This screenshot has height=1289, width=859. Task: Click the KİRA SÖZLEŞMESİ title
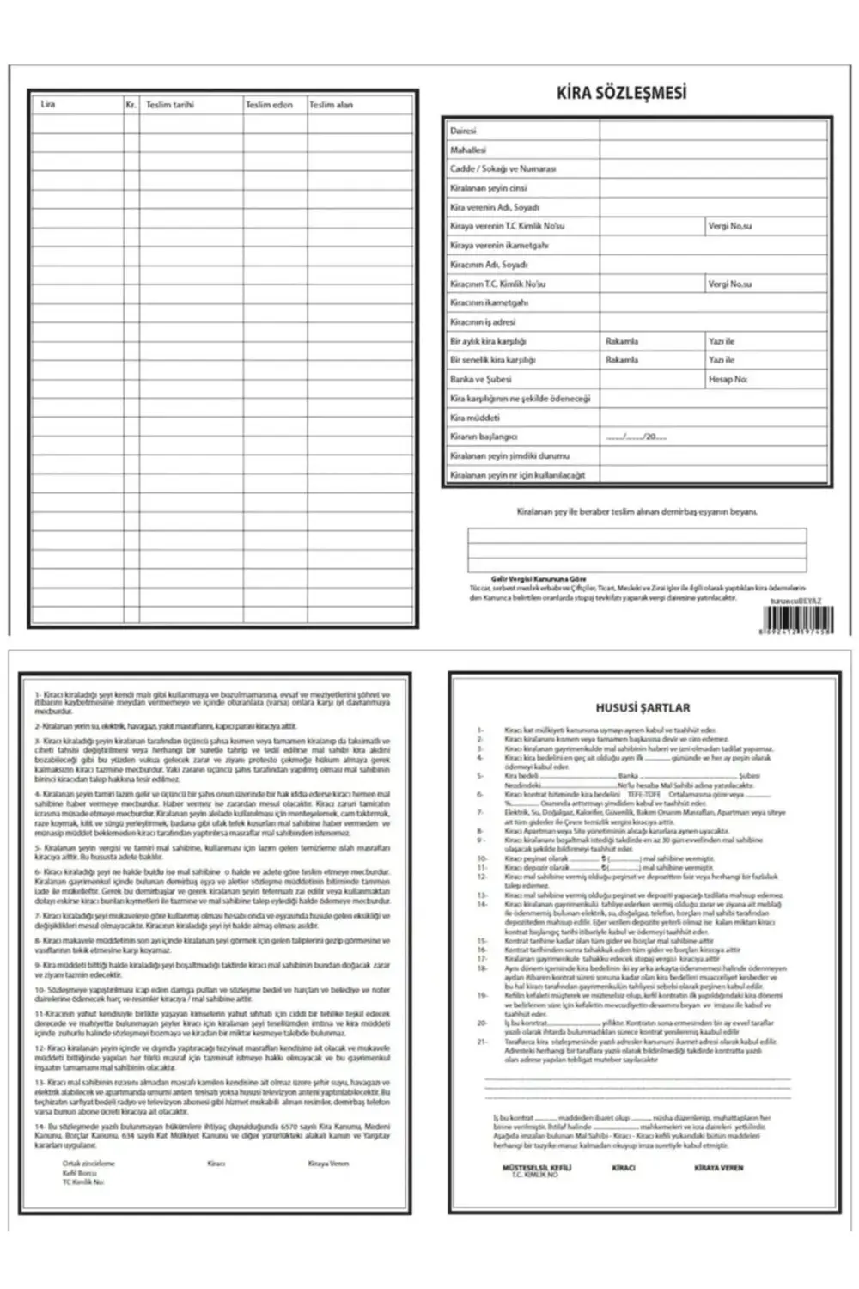tap(622, 93)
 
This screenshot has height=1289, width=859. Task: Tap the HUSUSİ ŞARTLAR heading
tap(643, 708)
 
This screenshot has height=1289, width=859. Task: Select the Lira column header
tap(48, 104)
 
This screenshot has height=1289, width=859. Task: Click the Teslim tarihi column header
tap(170, 105)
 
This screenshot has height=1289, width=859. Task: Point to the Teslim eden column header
tap(269, 105)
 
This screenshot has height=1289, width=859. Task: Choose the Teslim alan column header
tap(331, 105)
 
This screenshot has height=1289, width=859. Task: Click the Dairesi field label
tap(463, 131)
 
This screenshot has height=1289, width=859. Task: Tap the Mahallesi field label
tap(468, 150)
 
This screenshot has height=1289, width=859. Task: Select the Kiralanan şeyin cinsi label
tap(489, 187)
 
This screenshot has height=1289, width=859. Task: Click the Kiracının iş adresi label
tap(483, 321)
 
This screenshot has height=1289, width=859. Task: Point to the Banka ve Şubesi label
tap(480, 379)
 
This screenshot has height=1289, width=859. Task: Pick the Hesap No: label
tap(728, 379)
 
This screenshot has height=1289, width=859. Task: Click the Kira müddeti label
tap(474, 418)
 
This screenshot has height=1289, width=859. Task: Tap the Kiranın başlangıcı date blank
tap(636, 437)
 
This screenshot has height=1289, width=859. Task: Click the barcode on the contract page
tap(797, 620)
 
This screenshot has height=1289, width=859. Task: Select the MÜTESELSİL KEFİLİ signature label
tap(536, 1168)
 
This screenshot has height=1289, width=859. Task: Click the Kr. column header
tap(131, 105)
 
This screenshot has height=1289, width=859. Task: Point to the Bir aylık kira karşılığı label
tap(488, 341)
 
